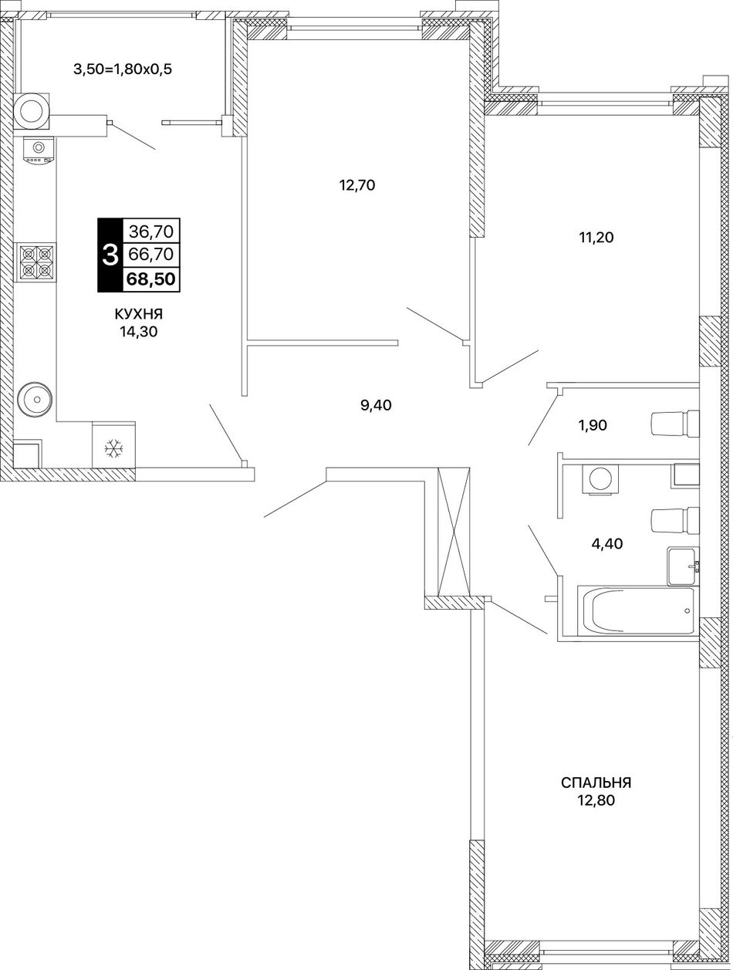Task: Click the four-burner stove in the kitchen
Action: pyautogui.click(x=35, y=262)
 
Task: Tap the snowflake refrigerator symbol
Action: pyautogui.click(x=113, y=448)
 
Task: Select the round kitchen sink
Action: pyautogui.click(x=35, y=399)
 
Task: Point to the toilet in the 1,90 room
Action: pyautogui.click(x=675, y=424)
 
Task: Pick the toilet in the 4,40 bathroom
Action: pyautogui.click(x=675, y=521)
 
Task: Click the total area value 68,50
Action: pyautogui.click(x=151, y=279)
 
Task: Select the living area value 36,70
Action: pyautogui.click(x=151, y=230)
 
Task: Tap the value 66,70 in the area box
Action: pyautogui.click(x=151, y=254)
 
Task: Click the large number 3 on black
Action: pyautogui.click(x=110, y=255)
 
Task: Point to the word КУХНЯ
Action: pyautogui.click(x=139, y=314)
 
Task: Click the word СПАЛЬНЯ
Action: pyautogui.click(x=596, y=782)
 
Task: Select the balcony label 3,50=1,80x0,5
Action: pyautogui.click(x=123, y=69)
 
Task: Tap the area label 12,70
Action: pyautogui.click(x=357, y=185)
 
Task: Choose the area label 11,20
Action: pyautogui.click(x=596, y=238)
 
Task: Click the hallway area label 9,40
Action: pyautogui.click(x=376, y=405)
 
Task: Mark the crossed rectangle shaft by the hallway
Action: pyautogui.click(x=454, y=532)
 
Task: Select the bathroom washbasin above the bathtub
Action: pyautogui.click(x=684, y=566)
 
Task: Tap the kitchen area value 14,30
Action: pyautogui.click(x=139, y=331)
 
